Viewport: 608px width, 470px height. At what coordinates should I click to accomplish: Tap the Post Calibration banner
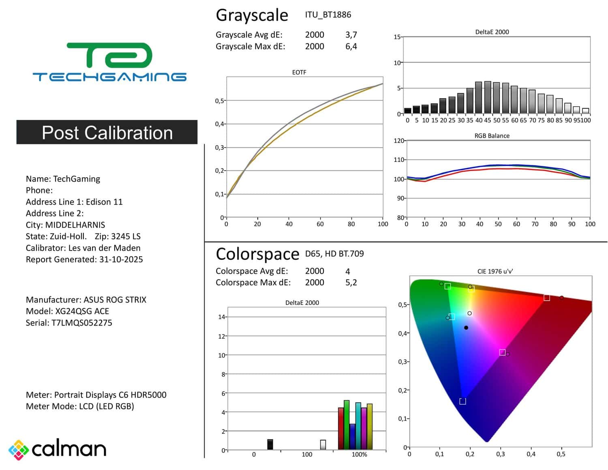107,132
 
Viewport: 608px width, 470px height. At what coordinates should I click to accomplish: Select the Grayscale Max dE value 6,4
351,47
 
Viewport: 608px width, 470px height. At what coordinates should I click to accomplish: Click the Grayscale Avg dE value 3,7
351,35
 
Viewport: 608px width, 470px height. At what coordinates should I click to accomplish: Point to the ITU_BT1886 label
328,15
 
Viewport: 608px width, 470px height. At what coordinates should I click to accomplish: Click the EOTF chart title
299,72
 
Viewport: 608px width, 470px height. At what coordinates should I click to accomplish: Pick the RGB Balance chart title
492,136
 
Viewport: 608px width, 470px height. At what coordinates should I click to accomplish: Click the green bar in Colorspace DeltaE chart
347,425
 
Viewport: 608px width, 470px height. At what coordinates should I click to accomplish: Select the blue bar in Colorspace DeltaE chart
352,437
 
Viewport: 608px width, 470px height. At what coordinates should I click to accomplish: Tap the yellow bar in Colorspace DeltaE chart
370,427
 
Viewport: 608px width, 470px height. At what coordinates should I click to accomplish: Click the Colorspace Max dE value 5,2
351,283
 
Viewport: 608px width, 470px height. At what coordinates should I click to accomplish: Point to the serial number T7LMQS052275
82,323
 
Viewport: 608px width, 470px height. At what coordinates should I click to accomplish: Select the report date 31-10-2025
121,260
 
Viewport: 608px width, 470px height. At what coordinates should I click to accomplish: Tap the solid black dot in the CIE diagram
466,328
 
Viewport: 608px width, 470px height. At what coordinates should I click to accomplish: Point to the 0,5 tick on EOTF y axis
219,101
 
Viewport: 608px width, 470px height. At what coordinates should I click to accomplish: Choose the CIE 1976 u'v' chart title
495,271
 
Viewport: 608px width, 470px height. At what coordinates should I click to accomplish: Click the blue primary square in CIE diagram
462,401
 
